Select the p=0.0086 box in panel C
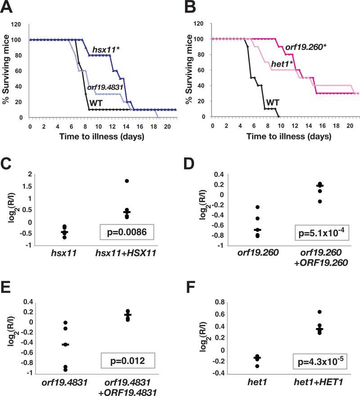pyautogui.click(x=127, y=233)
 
